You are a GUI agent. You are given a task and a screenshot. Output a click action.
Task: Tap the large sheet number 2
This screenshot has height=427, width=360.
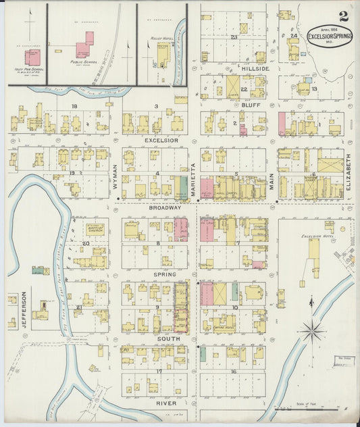344,16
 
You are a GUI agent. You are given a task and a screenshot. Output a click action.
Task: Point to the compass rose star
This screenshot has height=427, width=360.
312,331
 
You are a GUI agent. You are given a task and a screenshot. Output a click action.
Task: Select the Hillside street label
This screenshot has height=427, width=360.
256,69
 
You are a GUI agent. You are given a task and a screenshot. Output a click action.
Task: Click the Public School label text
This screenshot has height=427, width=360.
84,61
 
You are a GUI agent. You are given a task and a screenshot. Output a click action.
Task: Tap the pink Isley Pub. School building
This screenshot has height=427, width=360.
32,57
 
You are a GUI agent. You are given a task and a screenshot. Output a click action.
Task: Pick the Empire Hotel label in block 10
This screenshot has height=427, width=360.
224,328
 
